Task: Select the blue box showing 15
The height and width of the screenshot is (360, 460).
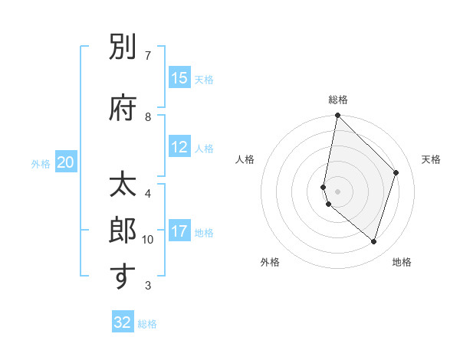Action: [179, 78]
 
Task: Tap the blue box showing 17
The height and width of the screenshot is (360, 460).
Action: [179, 231]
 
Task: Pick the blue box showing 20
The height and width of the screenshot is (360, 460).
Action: [66, 162]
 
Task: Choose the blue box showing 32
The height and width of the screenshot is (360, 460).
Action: [123, 322]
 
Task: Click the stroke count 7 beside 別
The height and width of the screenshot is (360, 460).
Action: [147, 56]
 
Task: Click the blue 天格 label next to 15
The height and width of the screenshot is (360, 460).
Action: [204, 79]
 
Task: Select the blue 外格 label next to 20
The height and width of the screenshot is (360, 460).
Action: [41, 163]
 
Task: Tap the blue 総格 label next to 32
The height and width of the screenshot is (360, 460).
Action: [147, 323]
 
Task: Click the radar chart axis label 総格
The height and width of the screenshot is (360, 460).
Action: [338, 100]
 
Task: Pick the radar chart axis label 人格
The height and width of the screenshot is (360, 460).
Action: [245, 159]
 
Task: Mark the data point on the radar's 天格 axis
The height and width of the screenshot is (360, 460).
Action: [396, 172]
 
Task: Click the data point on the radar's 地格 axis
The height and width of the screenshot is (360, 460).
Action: [373, 241]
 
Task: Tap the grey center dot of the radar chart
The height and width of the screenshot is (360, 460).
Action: [338, 191]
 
